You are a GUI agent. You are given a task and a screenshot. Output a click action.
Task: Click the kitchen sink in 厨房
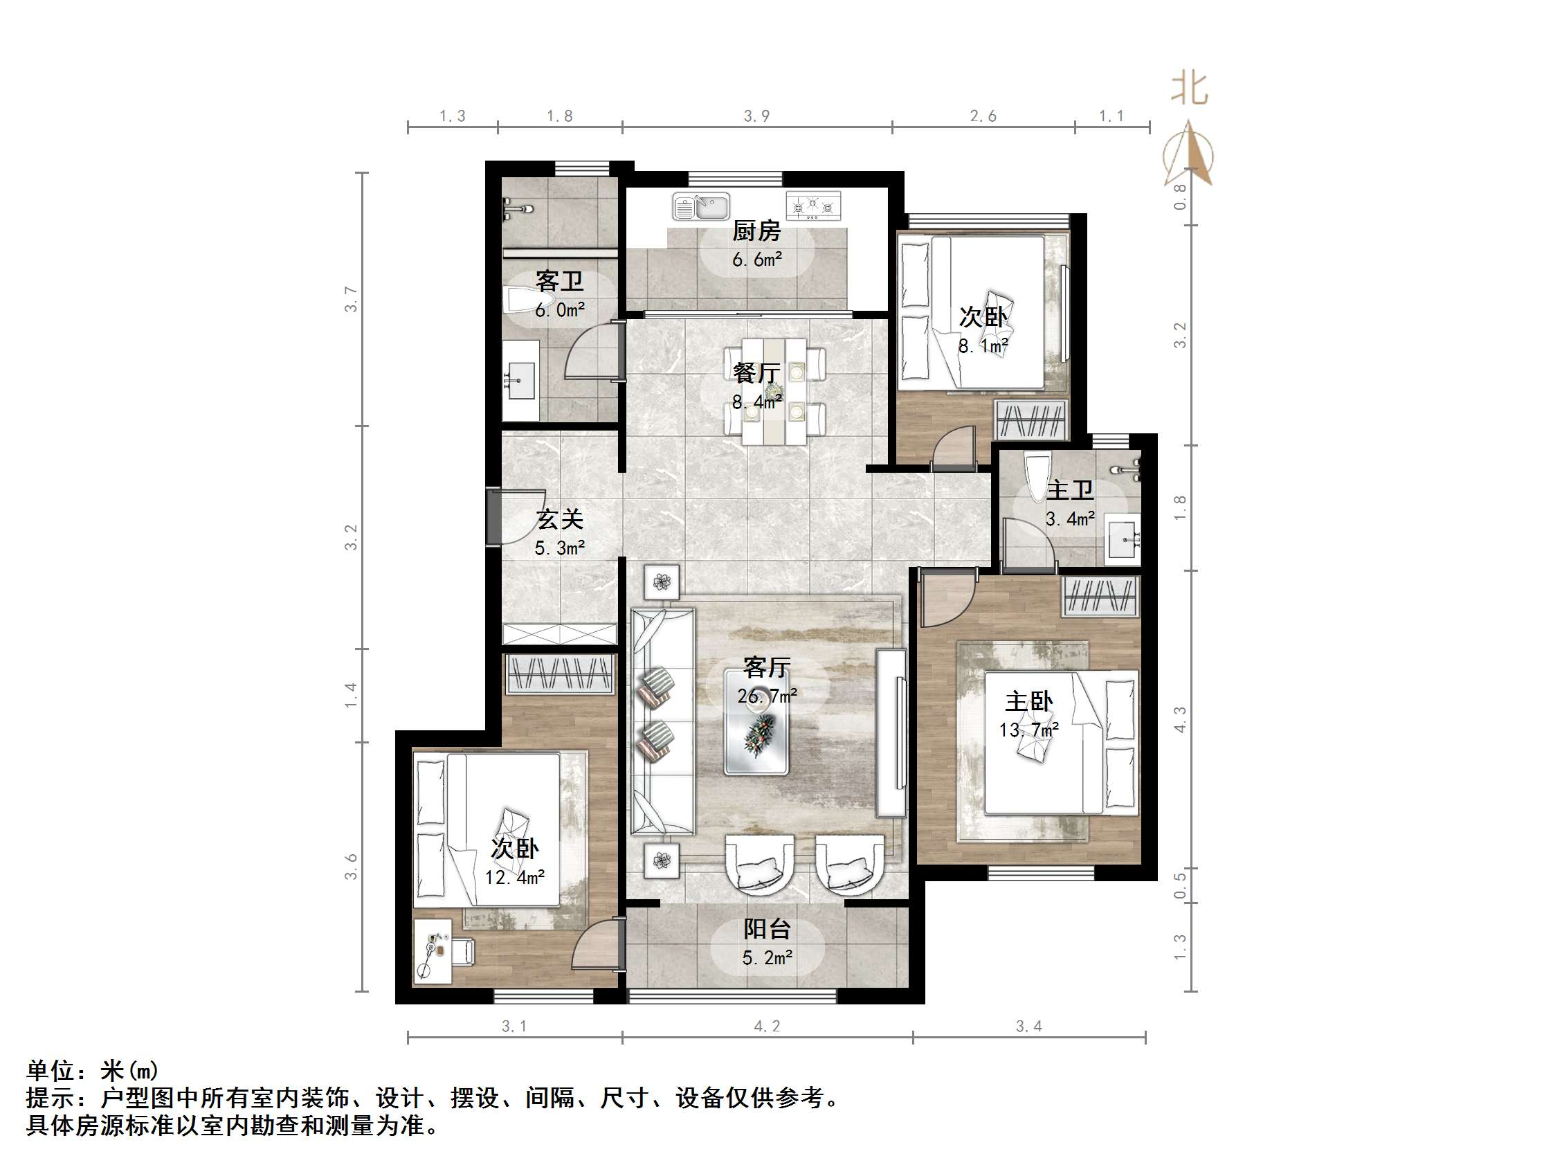pos(700,206)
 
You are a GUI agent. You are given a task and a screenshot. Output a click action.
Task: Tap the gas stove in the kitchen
pos(813,206)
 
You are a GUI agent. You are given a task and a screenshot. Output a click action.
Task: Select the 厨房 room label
pos(756,231)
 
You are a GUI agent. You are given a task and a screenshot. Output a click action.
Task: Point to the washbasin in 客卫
pos(520,381)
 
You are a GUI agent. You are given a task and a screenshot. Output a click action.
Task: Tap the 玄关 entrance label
pos(560,520)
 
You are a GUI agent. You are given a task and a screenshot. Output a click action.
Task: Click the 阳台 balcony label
pos(767,929)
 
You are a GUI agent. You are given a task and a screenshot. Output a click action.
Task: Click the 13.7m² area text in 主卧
pos(1028,730)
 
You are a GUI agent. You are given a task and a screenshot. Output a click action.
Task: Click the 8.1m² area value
pos(983,345)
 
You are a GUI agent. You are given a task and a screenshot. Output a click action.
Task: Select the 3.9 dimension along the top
pos(757,116)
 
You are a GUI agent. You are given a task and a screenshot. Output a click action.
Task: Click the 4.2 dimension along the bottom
pos(767,1027)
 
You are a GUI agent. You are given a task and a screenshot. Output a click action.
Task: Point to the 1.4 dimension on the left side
pos(351,694)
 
